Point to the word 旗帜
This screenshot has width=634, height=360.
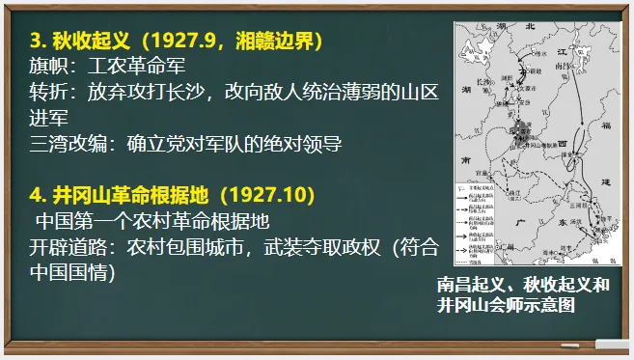click(x=49, y=67)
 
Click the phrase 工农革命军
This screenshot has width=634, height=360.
click(x=136, y=67)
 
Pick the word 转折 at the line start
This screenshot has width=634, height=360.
click(x=49, y=92)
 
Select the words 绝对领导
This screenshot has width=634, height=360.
click(x=307, y=142)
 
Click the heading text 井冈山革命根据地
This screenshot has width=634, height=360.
click(x=124, y=194)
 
